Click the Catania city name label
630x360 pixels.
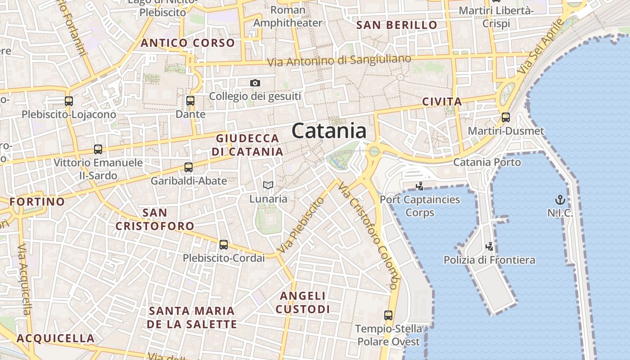pyautogui.click(x=329, y=131)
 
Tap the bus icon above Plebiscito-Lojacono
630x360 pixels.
pyautogui.click(x=69, y=101)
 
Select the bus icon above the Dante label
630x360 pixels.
pyautogui.click(x=190, y=100)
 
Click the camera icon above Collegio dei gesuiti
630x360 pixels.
pyautogui.click(x=255, y=83)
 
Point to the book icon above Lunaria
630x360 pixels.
pyautogui.click(x=268, y=185)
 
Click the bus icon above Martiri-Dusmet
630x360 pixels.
pyautogui.click(x=506, y=117)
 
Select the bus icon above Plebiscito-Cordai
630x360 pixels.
pyautogui.click(x=224, y=245)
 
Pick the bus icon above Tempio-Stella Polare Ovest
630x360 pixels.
pyautogui.click(x=388, y=315)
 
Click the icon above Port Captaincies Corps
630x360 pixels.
pyautogui.click(x=420, y=186)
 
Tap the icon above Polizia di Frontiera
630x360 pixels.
pyautogui.click(x=490, y=246)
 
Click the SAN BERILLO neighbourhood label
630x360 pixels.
pyautogui.click(x=396, y=25)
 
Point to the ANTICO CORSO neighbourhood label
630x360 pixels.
pyautogui.click(x=188, y=43)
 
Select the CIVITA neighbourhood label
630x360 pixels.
pyautogui.click(x=442, y=102)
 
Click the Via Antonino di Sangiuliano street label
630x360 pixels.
pyautogui.click(x=340, y=60)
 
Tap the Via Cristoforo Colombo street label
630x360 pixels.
pyautogui.click(x=369, y=235)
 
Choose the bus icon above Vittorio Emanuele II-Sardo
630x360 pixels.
pyautogui.click(x=98, y=149)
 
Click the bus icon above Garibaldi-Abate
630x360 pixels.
pyautogui.click(x=189, y=167)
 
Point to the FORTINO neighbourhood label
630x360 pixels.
pyautogui.click(x=37, y=201)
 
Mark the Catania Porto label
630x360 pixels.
pyautogui.click(x=487, y=162)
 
